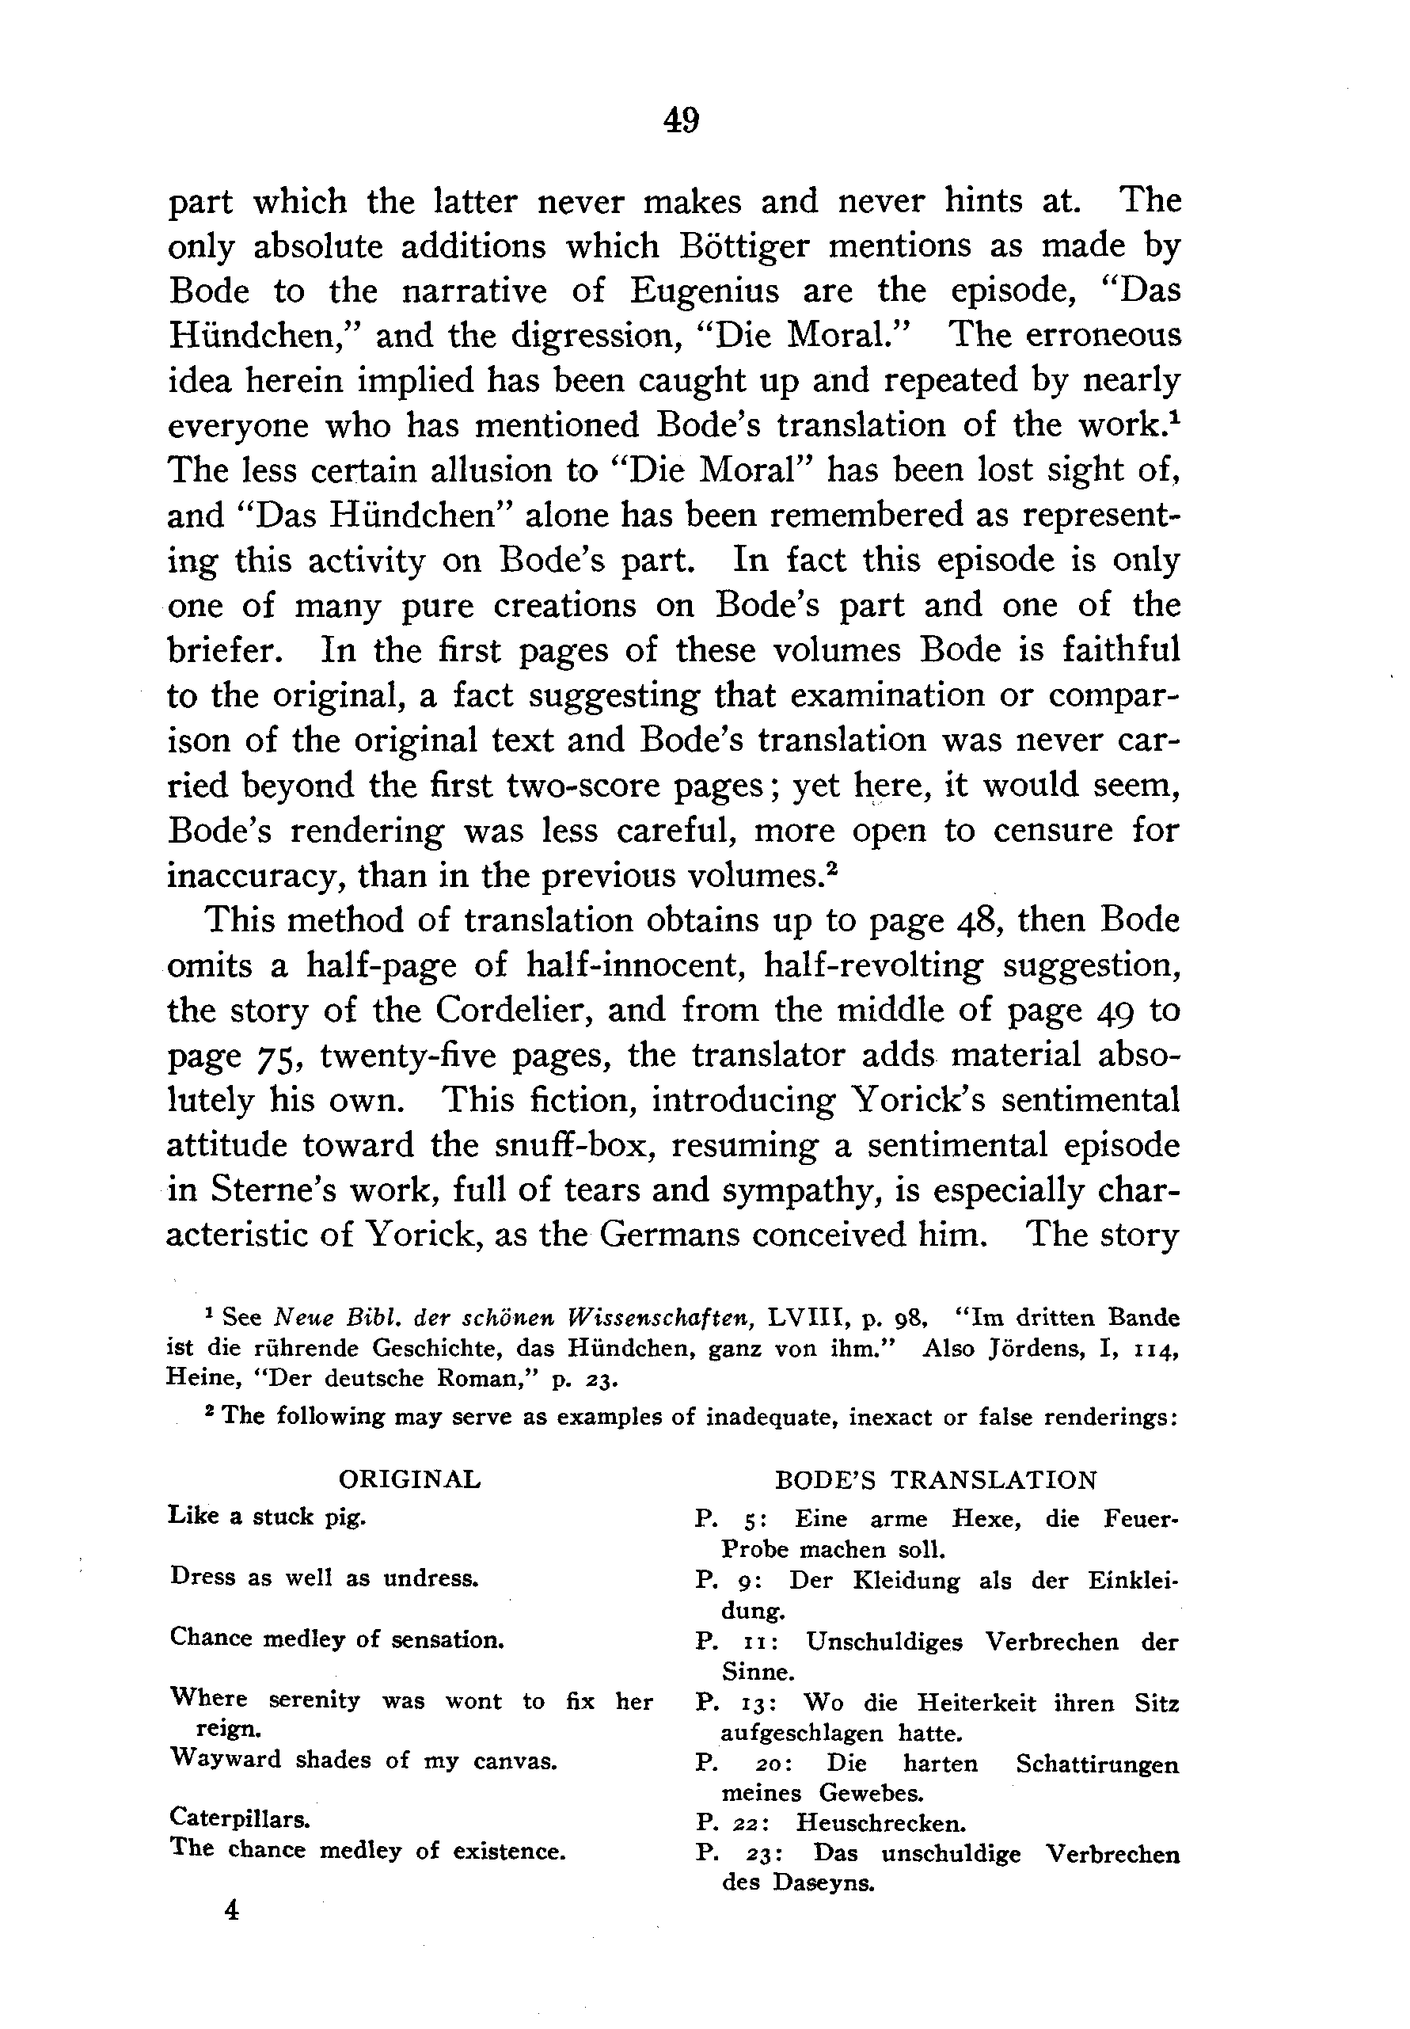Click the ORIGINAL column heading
click(x=409, y=1479)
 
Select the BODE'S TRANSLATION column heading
click(x=936, y=1479)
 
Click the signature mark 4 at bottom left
click(x=231, y=1909)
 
